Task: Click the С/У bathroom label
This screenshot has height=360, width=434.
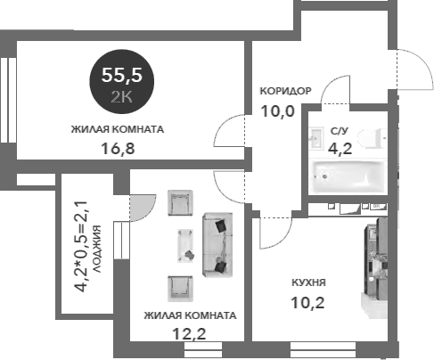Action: coord(340,132)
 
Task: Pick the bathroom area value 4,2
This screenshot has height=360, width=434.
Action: coord(340,149)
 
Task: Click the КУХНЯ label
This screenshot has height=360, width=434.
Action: coord(307,282)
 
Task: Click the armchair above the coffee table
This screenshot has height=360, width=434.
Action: coord(181,203)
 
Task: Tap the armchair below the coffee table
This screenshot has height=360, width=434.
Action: coord(181,287)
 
